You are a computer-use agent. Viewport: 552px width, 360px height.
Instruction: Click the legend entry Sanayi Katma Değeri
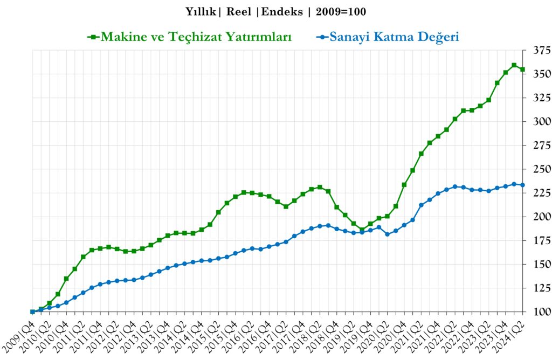394,37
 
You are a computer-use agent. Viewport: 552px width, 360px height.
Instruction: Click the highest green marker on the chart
514,65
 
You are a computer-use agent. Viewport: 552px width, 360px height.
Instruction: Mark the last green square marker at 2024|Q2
522,70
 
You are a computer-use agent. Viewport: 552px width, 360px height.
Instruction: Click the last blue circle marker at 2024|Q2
522,185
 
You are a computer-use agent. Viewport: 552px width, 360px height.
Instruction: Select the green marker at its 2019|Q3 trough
362,230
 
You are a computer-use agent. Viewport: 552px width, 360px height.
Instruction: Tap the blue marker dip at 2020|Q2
387,234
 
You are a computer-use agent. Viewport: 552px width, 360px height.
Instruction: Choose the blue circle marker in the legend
322,37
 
